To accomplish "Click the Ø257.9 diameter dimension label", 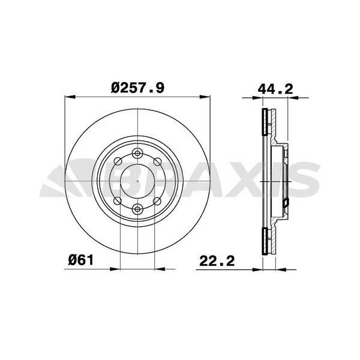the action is [x=137, y=88].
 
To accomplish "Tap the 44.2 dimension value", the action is [x=275, y=89].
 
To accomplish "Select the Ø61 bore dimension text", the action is [x=81, y=260].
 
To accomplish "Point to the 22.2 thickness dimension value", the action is [x=217, y=261].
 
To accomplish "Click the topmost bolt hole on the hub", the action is [x=137, y=152].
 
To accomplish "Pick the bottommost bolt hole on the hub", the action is [x=137, y=209].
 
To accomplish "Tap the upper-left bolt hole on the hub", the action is [x=118, y=161].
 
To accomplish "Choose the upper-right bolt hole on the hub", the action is [x=157, y=161].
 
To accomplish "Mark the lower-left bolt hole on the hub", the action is [x=118, y=200].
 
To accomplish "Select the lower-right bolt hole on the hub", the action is [x=157, y=201].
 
